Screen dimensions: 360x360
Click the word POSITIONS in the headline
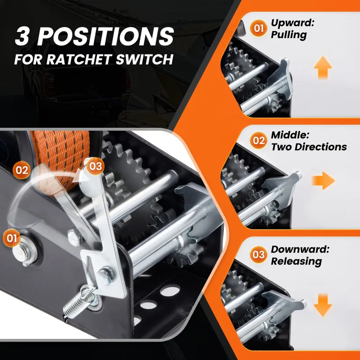(106, 36)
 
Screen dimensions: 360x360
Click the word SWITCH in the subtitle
(144, 59)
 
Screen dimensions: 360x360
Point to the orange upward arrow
(323, 68)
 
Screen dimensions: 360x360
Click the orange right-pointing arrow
(323, 180)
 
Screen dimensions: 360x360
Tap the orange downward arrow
(323, 306)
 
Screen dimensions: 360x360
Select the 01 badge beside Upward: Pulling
(258, 28)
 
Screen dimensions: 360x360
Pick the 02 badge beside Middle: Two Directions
(258, 140)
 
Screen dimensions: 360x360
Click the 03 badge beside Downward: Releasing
(258, 254)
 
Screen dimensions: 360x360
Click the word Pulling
(289, 35)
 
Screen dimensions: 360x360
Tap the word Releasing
(296, 261)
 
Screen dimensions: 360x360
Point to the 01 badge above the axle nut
(12, 238)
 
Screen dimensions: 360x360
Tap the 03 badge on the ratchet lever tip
(95, 166)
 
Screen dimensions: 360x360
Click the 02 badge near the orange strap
(22, 171)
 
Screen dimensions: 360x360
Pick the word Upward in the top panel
(292, 23)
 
